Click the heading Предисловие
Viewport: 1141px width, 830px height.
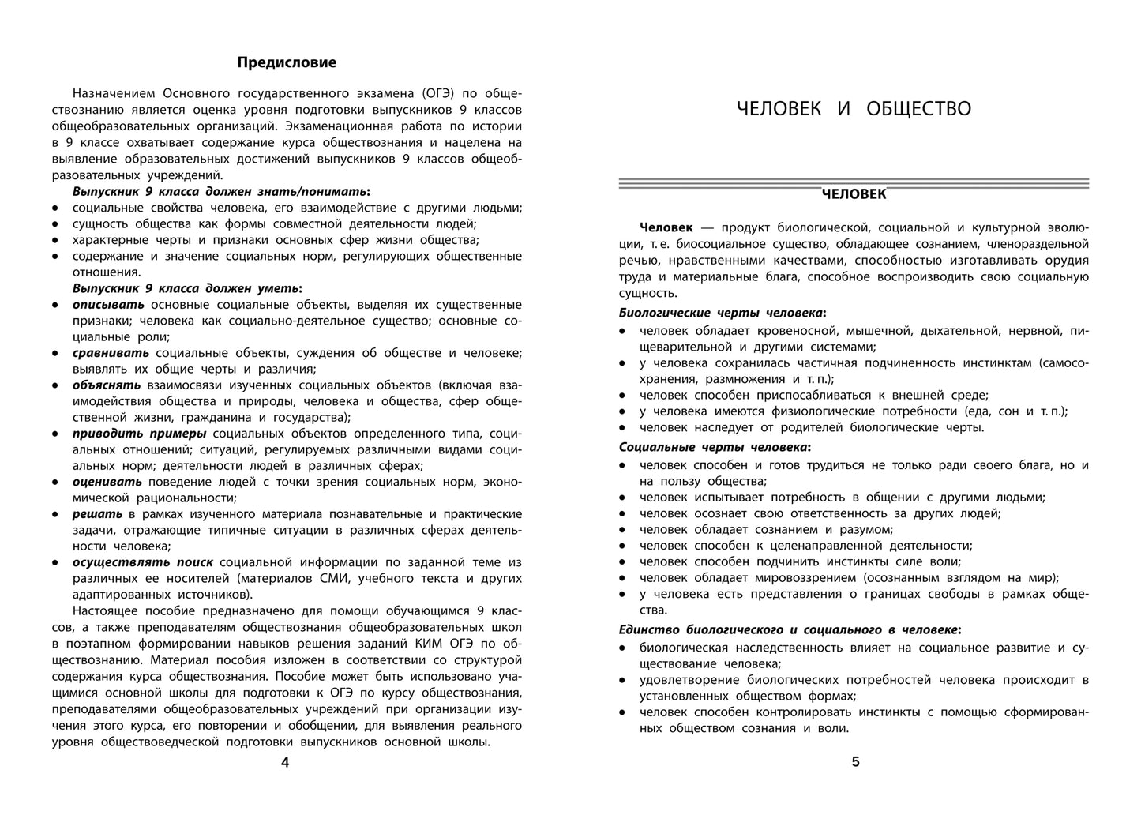(x=287, y=62)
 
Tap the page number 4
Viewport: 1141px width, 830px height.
(x=286, y=762)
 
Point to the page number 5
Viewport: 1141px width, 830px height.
(x=855, y=762)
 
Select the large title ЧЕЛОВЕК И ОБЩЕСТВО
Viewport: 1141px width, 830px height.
(x=854, y=109)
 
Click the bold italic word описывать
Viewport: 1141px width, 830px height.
(x=108, y=305)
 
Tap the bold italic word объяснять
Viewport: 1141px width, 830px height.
(x=107, y=385)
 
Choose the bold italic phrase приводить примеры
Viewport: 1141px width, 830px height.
(x=140, y=434)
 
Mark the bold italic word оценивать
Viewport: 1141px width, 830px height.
(x=107, y=482)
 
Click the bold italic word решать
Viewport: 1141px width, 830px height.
(x=97, y=514)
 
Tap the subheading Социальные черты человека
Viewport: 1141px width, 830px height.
(x=714, y=447)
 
